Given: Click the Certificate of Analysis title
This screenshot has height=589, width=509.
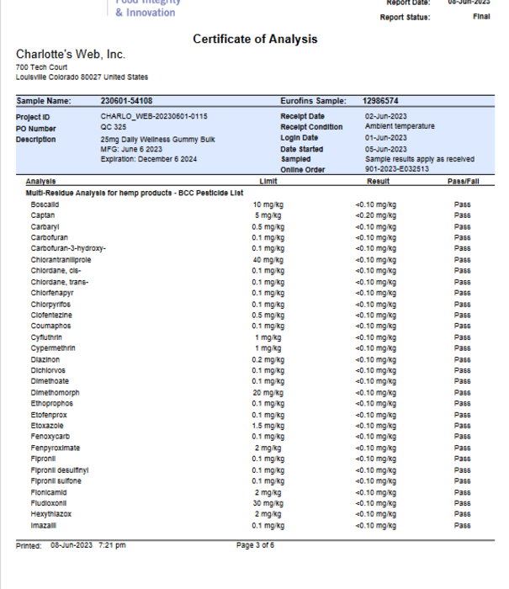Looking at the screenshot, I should (255, 40).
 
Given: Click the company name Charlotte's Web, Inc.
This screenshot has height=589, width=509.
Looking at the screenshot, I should (71, 55).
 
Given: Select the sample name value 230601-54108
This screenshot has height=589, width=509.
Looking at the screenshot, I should (126, 101).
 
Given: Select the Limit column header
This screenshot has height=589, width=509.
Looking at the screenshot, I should (269, 182).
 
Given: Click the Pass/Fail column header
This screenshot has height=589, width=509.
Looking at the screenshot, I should (462, 182).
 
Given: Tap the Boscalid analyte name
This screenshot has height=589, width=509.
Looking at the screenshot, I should (45, 204).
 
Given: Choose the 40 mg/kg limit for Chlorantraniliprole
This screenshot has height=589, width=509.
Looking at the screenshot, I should (268, 260).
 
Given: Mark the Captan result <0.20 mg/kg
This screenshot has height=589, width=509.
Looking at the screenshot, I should (375, 215).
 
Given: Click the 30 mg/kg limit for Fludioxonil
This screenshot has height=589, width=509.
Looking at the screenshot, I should (268, 503).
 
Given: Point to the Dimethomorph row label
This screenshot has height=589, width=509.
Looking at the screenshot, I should (56, 393).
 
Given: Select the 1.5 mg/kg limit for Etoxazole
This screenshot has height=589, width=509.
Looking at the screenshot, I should (268, 426).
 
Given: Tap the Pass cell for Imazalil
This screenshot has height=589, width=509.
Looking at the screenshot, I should (462, 525).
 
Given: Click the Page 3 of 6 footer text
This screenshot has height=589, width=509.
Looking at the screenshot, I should (255, 545).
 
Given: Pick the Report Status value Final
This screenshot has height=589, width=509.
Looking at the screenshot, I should (482, 17).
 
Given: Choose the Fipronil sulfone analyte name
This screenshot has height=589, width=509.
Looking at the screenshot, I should (56, 481).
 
